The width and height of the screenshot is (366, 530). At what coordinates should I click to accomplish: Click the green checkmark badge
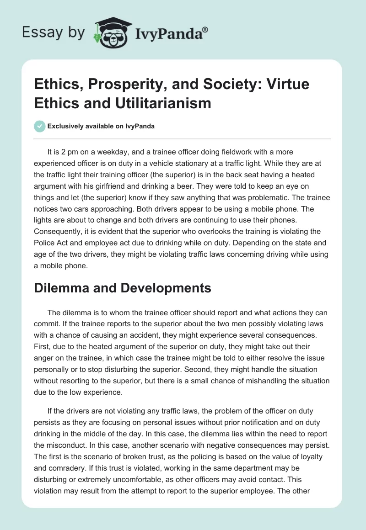39,126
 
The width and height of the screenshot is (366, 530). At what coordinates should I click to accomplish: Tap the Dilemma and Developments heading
123,288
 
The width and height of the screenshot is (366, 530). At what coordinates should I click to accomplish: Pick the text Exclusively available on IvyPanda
101,126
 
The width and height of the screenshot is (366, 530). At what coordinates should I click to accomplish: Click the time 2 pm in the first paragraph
69,152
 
